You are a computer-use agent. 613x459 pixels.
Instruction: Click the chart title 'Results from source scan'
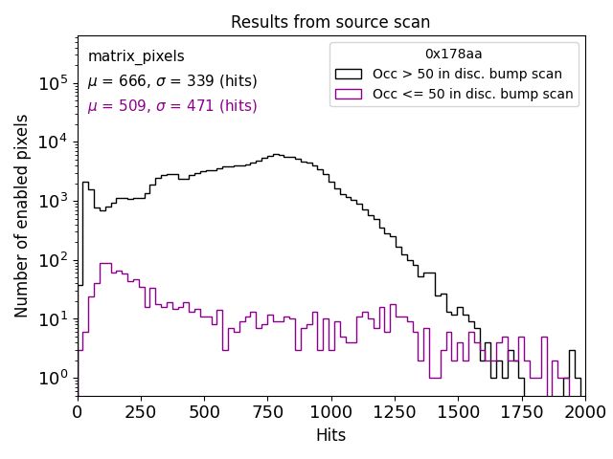330,22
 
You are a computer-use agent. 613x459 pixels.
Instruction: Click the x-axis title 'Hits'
330,435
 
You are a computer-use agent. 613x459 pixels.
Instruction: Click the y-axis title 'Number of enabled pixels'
22,216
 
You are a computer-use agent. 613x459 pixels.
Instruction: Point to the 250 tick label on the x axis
141,411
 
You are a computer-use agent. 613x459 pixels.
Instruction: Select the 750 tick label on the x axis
267,411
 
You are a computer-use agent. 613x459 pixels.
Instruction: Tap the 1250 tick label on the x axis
394,411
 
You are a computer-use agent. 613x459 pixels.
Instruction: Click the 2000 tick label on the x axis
584,411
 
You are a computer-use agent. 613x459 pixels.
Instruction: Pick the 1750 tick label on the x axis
521,411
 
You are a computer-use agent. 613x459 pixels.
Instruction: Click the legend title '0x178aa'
454,54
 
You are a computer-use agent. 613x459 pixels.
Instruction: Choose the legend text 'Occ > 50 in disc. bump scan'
467,74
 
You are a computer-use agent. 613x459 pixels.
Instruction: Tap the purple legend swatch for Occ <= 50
349,94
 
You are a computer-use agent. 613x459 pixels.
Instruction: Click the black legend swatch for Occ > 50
349,74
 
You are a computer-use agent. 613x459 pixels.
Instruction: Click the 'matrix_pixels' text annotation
136,56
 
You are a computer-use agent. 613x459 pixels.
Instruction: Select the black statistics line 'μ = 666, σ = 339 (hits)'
172,81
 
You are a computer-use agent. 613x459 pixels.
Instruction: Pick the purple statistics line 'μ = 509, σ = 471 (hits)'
172,106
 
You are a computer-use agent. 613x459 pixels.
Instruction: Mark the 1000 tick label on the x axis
330,411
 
